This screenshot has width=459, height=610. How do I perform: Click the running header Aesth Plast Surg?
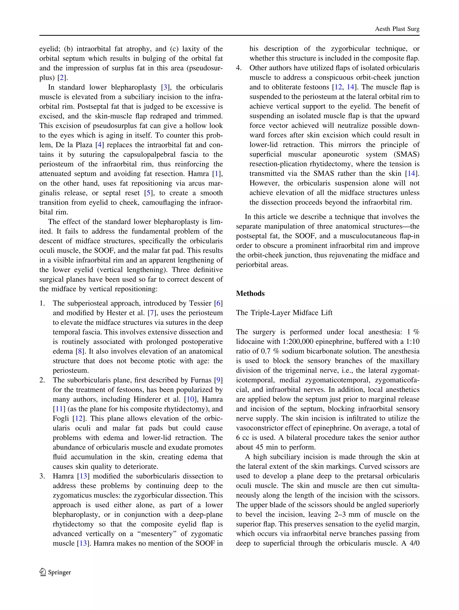397,29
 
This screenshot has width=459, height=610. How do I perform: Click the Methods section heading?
250,293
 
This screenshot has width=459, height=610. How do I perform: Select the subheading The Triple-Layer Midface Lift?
284,313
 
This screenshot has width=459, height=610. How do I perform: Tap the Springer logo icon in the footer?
43,572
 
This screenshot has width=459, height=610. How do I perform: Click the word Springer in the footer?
60,573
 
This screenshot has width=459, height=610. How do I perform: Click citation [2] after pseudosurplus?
62,78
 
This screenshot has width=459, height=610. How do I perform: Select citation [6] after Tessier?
218,303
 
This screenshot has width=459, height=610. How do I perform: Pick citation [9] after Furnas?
218,380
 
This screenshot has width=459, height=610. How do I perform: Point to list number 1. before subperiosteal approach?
42,303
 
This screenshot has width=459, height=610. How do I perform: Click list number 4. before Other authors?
239,68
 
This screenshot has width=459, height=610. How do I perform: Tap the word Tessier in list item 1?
200,303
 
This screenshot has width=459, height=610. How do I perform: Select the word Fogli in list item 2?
61,419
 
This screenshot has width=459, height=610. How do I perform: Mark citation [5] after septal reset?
149,193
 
